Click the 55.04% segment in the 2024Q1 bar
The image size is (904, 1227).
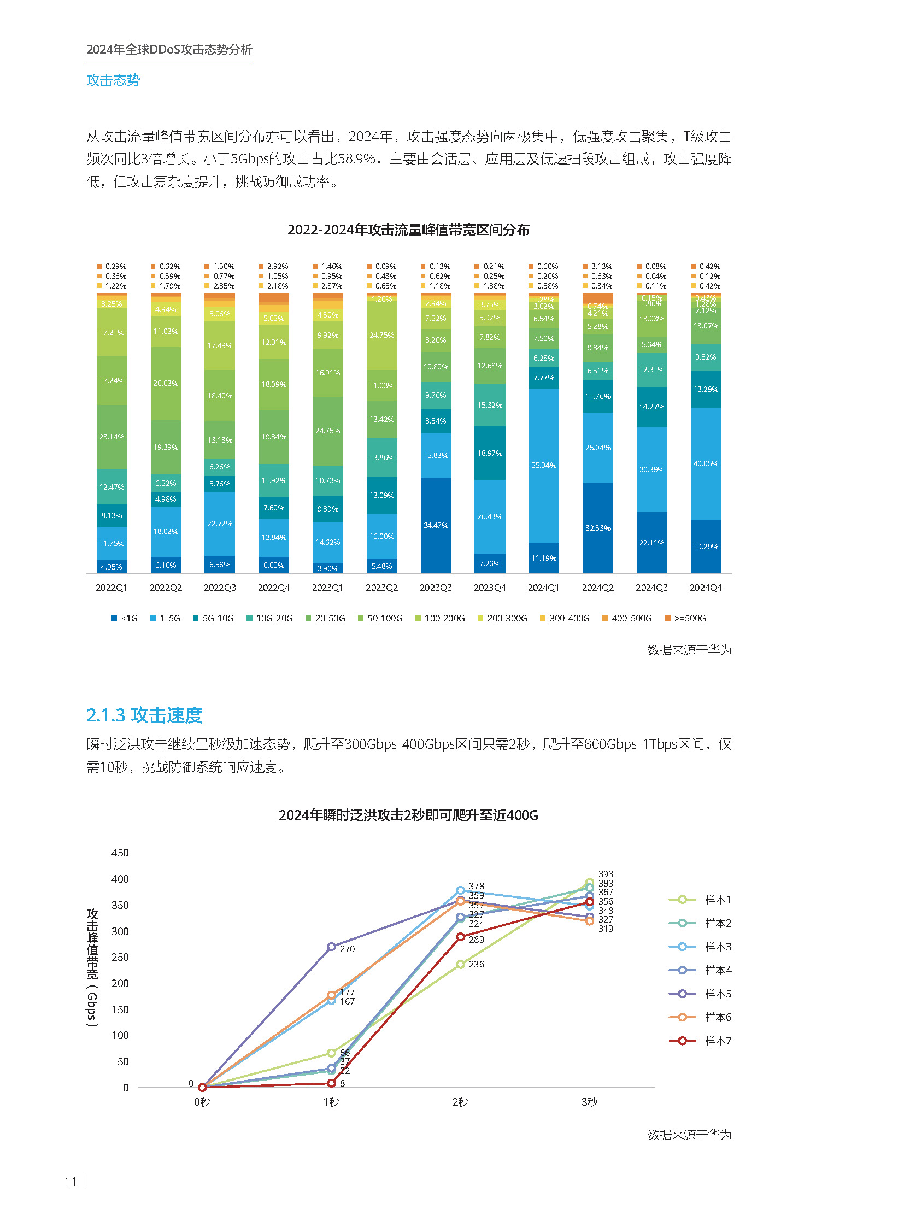pyautogui.click(x=543, y=465)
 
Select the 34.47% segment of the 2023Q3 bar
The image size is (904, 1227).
pyautogui.click(x=436, y=525)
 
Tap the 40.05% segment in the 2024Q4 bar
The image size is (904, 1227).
pyautogui.click(x=706, y=463)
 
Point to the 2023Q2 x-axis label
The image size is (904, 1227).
pyautogui.click(x=381, y=587)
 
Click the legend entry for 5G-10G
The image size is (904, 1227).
pyautogui.click(x=213, y=618)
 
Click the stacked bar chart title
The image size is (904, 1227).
pyautogui.click(x=408, y=230)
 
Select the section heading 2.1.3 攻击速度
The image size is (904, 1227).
pyautogui.click(x=144, y=715)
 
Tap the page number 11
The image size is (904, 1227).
pyautogui.click(x=71, y=1181)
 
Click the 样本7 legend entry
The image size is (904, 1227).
pyautogui.click(x=701, y=1041)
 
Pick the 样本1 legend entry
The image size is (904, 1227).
pyautogui.click(x=701, y=899)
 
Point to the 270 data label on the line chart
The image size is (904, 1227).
pyautogui.click(x=347, y=948)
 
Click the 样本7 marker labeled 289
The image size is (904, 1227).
pyautogui.click(x=460, y=936)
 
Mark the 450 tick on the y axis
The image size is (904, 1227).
pyautogui.click(x=120, y=853)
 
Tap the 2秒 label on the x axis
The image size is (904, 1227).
pyautogui.click(x=460, y=1102)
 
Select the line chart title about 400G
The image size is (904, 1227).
pyautogui.click(x=408, y=815)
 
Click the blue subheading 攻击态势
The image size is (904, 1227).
pyautogui.click(x=113, y=80)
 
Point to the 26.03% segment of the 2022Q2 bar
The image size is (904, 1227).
pyautogui.click(x=165, y=383)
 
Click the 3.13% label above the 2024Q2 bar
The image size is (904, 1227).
pyautogui.click(x=601, y=266)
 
